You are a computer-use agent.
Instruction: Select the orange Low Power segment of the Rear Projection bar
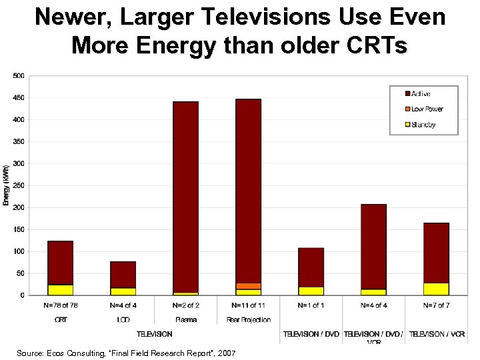[248, 286]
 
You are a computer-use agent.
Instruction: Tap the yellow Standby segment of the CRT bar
[60, 290]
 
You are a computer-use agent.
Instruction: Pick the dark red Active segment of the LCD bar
[123, 274]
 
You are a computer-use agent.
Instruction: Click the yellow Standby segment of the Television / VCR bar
[436, 289]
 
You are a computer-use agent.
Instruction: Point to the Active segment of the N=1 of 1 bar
[311, 267]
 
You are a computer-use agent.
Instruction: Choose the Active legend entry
[420, 94]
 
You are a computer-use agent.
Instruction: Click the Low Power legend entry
[427, 109]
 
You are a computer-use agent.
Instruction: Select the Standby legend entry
[424, 124]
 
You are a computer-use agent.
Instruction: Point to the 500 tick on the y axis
[18, 76]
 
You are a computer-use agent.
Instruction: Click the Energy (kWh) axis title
[6, 185]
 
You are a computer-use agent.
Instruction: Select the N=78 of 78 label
[60, 305]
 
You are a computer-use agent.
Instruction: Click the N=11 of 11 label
[248, 305]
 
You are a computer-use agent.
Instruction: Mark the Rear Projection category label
[248, 320]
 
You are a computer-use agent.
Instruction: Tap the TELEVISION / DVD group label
[311, 333]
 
